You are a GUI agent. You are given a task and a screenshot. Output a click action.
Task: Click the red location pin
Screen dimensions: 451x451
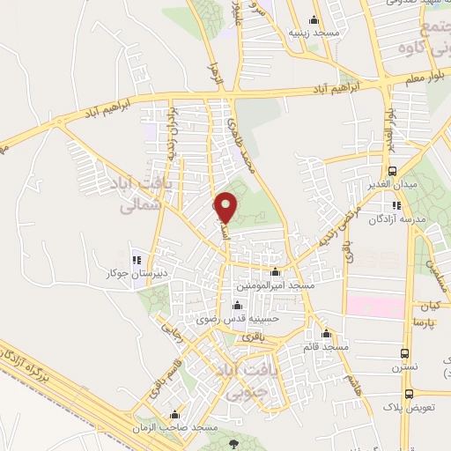click(x=226, y=206)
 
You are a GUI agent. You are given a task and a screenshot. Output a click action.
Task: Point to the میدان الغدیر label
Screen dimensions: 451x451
click(x=390, y=186)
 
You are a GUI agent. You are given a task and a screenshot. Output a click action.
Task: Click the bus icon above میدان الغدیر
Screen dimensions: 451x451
click(x=391, y=171)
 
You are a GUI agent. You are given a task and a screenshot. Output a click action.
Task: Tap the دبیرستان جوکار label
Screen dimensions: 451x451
click(x=137, y=274)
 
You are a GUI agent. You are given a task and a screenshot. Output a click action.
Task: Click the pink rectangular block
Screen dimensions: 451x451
click(x=373, y=307)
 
